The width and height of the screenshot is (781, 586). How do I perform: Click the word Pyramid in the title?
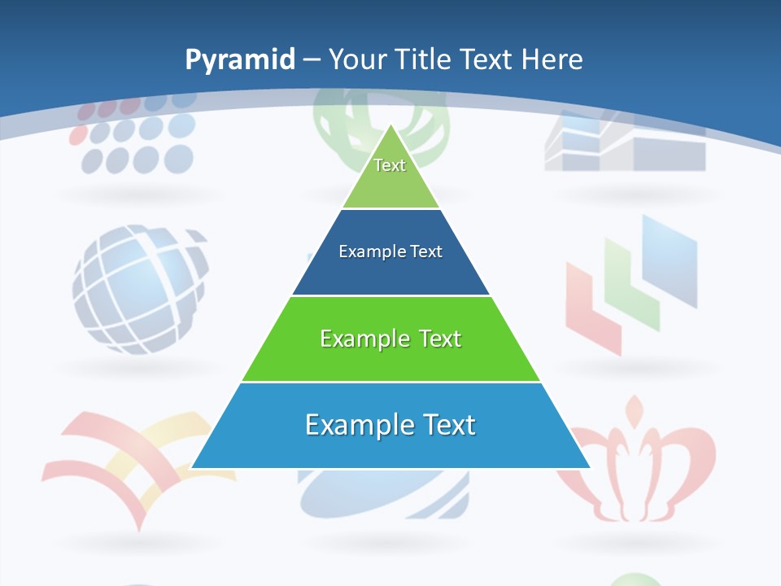coord(240,60)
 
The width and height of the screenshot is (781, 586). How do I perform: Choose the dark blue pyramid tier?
coord(390,273)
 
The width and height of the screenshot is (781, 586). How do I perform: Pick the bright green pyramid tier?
coord(390,358)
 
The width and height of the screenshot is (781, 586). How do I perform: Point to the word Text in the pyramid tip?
coord(390,165)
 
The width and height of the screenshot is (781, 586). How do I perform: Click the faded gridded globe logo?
coord(138,289)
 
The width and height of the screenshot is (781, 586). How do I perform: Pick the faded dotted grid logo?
coord(134,134)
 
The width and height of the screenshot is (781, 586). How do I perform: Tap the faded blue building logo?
coord(625,142)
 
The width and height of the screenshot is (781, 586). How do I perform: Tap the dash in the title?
coord(311,59)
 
